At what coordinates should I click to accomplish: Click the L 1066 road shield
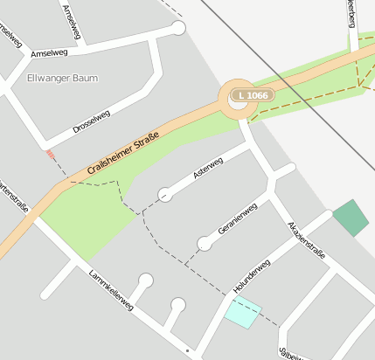click(x=252, y=94)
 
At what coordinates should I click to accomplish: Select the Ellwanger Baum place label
click(x=63, y=79)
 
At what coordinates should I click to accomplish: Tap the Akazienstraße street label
click(x=307, y=240)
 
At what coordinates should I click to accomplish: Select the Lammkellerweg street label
click(x=111, y=290)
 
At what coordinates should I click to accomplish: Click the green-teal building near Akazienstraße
click(x=351, y=218)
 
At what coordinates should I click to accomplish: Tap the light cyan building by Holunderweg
click(x=243, y=311)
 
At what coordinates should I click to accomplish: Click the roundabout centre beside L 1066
click(x=237, y=103)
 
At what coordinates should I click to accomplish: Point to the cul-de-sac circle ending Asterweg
click(x=164, y=194)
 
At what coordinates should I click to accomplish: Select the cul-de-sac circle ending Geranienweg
click(x=205, y=243)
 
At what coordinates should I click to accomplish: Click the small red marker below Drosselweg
click(x=50, y=154)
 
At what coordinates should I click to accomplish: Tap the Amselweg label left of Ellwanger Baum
click(x=49, y=53)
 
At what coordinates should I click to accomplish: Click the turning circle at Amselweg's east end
click(x=179, y=28)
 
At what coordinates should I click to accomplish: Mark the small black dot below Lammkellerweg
click(x=187, y=350)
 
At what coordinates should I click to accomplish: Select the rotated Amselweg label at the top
click(x=73, y=21)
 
